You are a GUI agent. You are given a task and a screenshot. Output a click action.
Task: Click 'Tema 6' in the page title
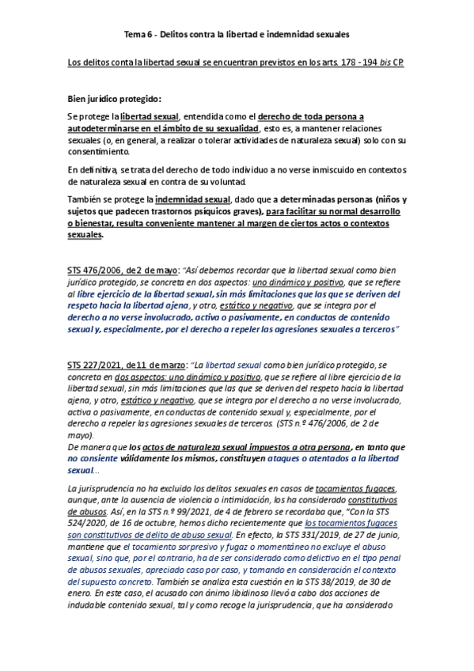click(x=140, y=35)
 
